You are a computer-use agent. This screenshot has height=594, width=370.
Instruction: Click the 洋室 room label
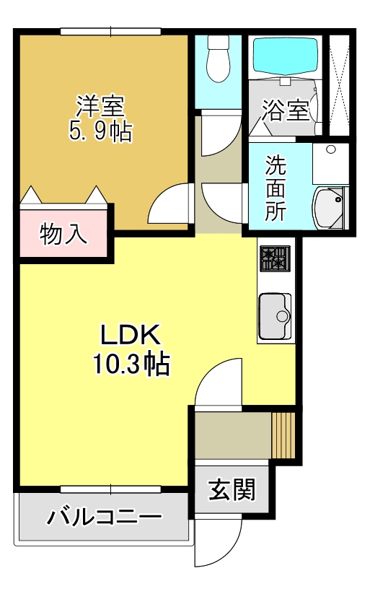101,106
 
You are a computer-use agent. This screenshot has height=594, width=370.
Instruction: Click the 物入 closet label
64,235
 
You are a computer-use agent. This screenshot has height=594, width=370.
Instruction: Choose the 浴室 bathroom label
285,110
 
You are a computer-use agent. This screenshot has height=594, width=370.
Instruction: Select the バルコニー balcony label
105,517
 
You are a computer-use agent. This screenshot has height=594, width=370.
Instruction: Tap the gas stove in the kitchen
274,258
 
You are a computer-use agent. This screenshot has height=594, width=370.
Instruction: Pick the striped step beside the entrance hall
283,434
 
